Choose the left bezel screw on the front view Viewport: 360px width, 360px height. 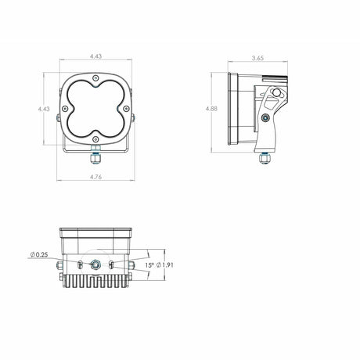[66, 110]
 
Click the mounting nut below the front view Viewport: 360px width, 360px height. [95, 155]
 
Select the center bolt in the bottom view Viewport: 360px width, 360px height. [95, 265]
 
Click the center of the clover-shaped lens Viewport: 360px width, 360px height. [95, 110]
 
